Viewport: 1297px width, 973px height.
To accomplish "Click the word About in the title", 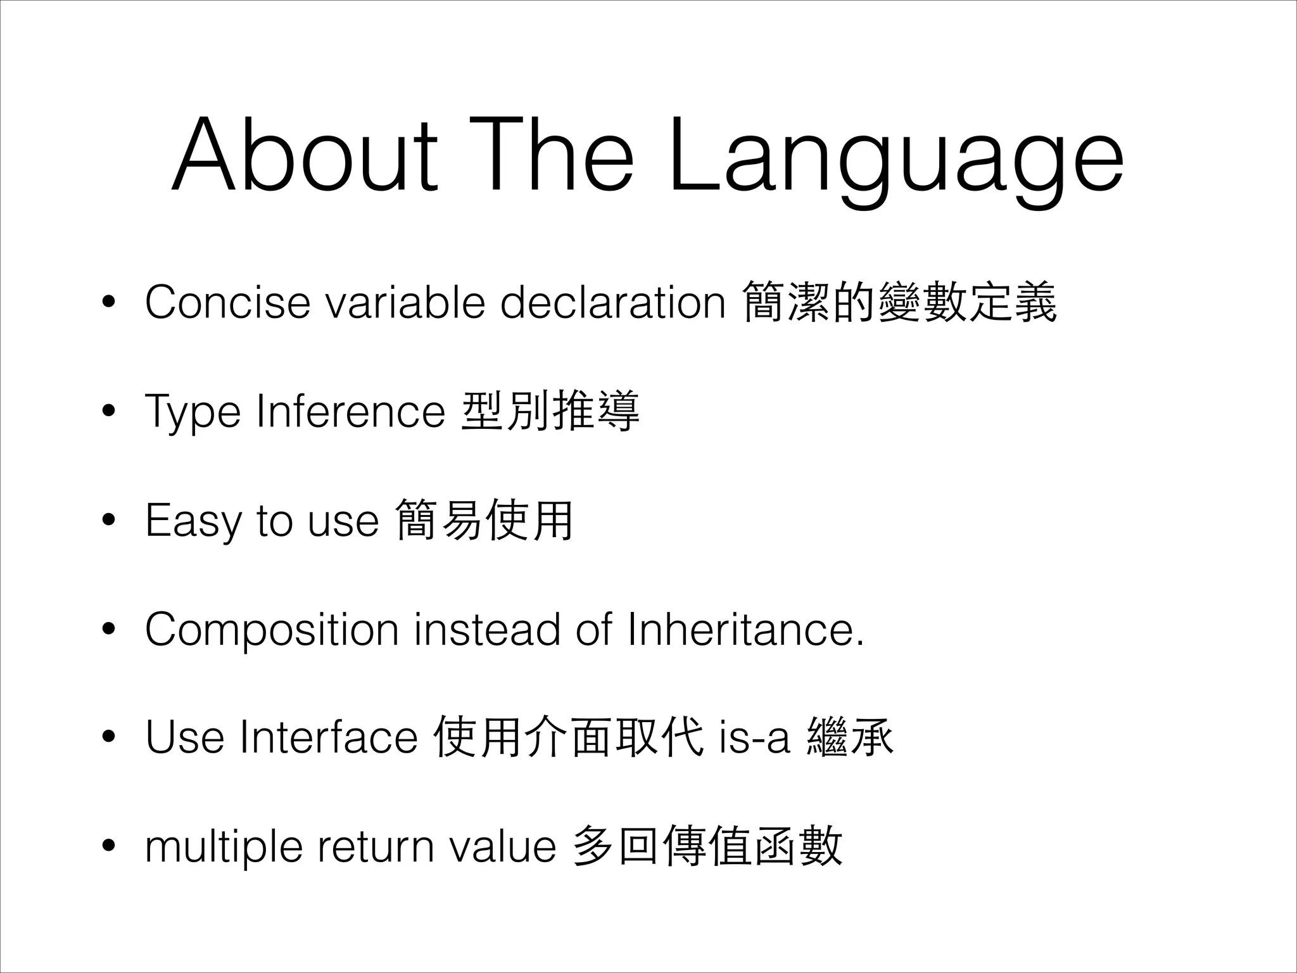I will tap(305, 155).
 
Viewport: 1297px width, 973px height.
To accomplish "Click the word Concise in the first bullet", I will tap(227, 302).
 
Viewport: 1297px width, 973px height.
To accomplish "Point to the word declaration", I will tap(612, 302).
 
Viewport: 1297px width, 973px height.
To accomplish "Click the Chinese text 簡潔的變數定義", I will tap(899, 302).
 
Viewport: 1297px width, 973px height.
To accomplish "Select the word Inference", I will tap(351, 412).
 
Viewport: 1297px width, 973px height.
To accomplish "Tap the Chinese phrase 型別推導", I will tap(550, 412).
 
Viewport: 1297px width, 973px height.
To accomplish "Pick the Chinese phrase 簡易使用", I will tap(484, 520).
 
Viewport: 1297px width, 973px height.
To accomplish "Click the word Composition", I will tap(272, 630).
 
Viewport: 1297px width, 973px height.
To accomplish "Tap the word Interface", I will tap(329, 738).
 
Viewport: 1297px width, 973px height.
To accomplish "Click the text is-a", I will tap(755, 738).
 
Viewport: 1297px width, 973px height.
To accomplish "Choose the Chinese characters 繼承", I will tap(850, 738).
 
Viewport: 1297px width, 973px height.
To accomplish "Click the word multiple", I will tap(224, 848).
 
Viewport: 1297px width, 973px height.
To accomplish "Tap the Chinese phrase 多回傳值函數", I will tap(706, 846).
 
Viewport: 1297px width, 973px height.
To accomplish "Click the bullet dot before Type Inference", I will tap(109, 412).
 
